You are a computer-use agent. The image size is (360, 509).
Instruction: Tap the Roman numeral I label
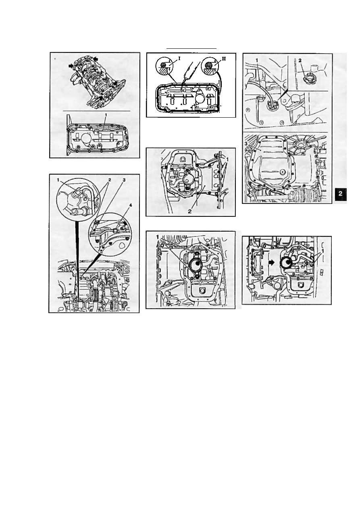(179, 58)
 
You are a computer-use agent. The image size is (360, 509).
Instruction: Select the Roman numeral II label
(224, 58)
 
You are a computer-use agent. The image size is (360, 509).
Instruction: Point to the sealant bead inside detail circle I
(163, 65)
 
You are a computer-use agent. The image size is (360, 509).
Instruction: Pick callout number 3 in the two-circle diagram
(124, 180)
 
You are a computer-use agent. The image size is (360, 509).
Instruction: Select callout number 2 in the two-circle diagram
(109, 180)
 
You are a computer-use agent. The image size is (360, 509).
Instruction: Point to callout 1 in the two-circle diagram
(58, 180)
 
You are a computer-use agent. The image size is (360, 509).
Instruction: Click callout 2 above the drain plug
(300, 60)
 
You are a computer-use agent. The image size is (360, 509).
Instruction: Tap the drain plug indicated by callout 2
(308, 80)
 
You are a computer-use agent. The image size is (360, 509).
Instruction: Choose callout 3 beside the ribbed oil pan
(246, 144)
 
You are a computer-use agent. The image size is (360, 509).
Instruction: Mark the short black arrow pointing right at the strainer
(271, 262)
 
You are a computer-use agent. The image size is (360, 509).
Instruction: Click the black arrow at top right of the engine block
(96, 59)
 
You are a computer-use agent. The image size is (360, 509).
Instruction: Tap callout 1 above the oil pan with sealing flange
(106, 115)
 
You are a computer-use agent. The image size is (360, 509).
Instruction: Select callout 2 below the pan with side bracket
(189, 211)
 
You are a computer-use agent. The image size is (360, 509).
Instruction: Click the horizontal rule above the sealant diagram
(191, 48)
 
